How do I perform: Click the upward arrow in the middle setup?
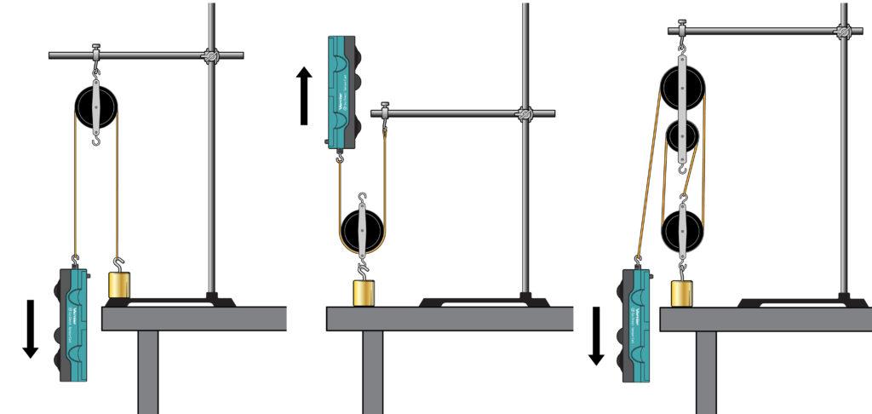click(304, 95)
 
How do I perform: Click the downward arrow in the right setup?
click(596, 336)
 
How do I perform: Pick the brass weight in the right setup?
click(681, 293)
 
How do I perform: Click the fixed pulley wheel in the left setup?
click(95, 106)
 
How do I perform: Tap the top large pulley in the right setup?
click(682, 86)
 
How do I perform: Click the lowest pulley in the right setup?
click(682, 228)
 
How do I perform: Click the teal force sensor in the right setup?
click(638, 324)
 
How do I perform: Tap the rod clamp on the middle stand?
click(525, 113)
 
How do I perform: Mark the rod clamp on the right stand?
click(844, 32)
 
